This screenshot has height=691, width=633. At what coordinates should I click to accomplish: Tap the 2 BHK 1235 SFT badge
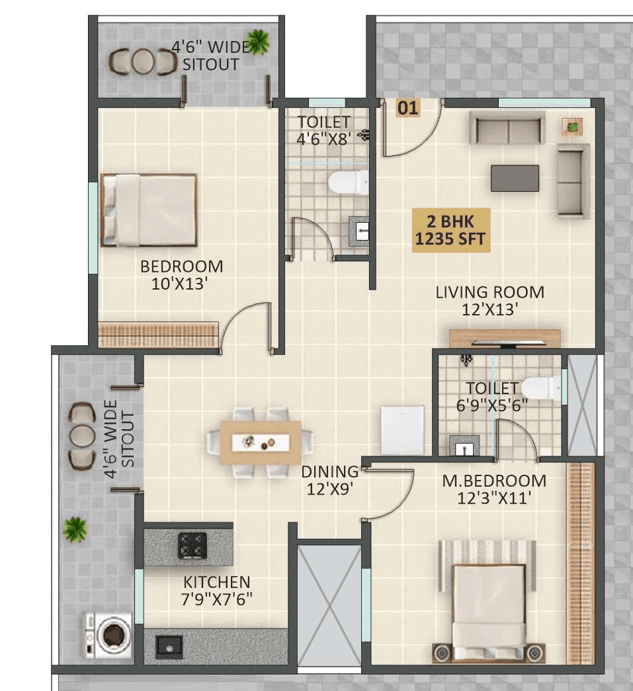coord(452,230)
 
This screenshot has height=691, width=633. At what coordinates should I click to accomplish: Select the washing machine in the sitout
coord(108,634)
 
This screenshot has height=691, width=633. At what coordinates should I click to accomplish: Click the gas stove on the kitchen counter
coord(192,545)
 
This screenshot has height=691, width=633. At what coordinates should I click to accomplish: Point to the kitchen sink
coord(169,645)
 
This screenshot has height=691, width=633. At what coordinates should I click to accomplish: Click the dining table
coord(261,441)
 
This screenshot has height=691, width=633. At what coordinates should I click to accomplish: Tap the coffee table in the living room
coord(515,179)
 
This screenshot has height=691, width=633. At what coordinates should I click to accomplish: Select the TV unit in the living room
coord(505,338)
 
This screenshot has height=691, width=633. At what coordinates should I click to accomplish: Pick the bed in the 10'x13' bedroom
coord(149,210)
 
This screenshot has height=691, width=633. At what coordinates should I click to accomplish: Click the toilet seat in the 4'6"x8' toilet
coord(348,183)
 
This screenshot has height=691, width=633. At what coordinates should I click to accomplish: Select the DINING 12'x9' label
coord(329,480)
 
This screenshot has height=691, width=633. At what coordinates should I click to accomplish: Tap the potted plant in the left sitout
coord(75,529)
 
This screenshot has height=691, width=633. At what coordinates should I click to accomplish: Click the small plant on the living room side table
coord(573,126)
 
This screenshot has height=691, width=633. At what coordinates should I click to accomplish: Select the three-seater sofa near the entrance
coord(507,128)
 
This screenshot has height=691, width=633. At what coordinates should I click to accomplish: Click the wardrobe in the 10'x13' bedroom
coord(158,334)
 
